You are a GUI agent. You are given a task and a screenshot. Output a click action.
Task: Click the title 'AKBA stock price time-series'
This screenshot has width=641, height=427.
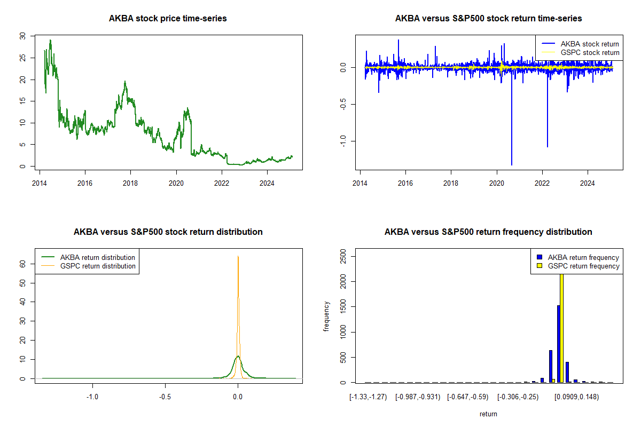(x=168, y=19)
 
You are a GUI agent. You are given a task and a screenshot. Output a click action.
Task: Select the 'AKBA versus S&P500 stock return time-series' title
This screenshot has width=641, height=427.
(x=488, y=19)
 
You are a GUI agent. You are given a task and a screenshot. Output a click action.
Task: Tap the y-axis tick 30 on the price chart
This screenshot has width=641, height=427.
(x=22, y=36)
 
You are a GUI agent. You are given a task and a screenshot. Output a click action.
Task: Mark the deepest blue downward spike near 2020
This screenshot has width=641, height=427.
(x=512, y=160)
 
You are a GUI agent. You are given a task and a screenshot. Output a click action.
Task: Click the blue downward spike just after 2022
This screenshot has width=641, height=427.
(x=547, y=144)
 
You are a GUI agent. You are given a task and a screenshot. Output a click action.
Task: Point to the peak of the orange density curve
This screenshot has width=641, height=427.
(x=238, y=257)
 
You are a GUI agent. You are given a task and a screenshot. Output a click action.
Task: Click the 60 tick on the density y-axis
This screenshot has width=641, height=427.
(x=22, y=263)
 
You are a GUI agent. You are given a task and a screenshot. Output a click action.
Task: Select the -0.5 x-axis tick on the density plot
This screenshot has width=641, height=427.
(x=165, y=397)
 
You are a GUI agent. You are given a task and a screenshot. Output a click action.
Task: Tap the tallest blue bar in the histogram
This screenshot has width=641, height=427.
(x=558, y=344)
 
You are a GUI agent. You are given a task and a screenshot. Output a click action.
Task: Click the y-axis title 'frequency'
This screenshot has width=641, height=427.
(x=327, y=317)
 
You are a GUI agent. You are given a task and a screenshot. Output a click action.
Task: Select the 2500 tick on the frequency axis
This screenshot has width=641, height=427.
(x=342, y=258)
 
